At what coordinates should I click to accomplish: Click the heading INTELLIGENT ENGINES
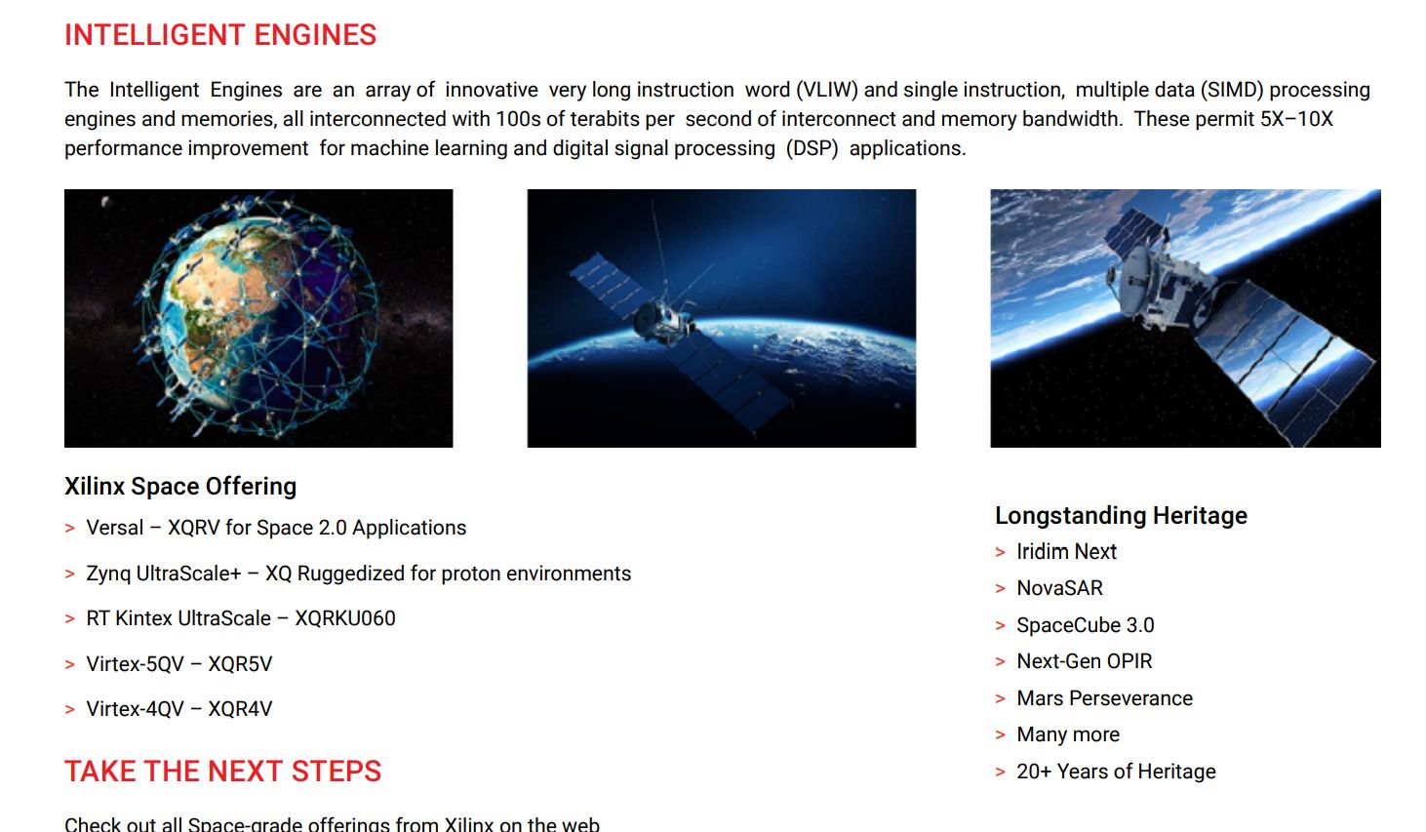pyautogui.click(x=220, y=35)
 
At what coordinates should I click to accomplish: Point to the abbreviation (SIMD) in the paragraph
pyautogui.click(x=1232, y=90)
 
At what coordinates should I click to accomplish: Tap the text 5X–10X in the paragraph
pyautogui.click(x=1296, y=119)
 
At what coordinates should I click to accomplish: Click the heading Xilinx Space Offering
pyautogui.click(x=180, y=487)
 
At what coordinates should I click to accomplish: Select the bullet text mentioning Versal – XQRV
pyautogui.click(x=276, y=528)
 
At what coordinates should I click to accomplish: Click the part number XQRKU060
pyautogui.click(x=345, y=618)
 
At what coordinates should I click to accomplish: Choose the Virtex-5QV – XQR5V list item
pyautogui.click(x=178, y=664)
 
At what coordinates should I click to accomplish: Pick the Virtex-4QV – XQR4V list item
pyautogui.click(x=178, y=708)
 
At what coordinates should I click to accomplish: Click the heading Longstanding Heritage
pyautogui.click(x=1121, y=516)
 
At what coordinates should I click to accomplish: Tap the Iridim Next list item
pyautogui.click(x=1066, y=551)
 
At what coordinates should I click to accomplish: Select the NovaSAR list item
pyautogui.click(x=1059, y=587)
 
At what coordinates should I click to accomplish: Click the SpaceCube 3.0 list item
pyautogui.click(x=1086, y=625)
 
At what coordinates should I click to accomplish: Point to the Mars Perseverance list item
pyautogui.click(x=1104, y=698)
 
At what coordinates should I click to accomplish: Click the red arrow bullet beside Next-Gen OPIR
pyautogui.click(x=1000, y=662)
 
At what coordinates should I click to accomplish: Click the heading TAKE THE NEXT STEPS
pyautogui.click(x=222, y=771)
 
